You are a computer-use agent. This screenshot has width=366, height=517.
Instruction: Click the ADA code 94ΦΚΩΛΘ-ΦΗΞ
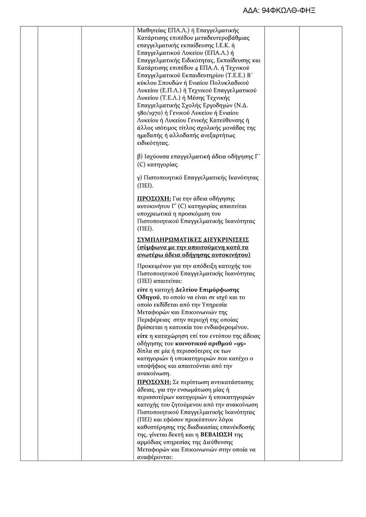279,11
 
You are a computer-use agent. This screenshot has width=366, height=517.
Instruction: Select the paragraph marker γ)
139,178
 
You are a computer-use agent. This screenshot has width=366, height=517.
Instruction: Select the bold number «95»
239,344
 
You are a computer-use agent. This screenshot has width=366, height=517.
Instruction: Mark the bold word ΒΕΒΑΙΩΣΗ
217,435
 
